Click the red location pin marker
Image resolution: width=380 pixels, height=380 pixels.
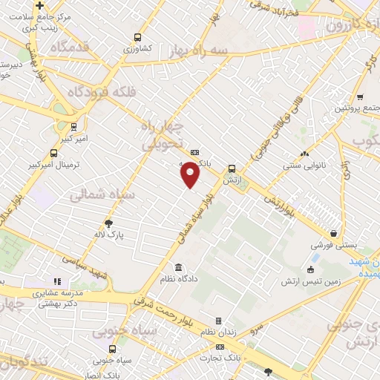point(191,174)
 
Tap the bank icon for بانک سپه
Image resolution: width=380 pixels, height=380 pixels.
point(195,152)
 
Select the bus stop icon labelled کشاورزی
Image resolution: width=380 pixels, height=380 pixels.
point(137,37)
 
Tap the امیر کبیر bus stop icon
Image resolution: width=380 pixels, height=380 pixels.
point(73,127)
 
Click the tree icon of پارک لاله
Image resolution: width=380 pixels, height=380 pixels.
point(108,223)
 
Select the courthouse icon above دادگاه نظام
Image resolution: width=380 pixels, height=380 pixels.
point(178,267)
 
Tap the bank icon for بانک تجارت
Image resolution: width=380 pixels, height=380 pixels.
point(220,347)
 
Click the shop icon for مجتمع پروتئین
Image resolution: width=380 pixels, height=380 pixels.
point(360,96)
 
